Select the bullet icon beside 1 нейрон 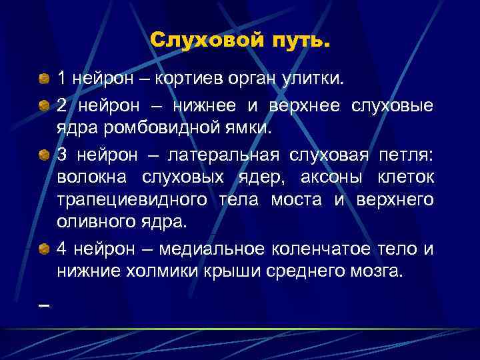click(x=43, y=80)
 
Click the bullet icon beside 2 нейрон click(x=43, y=106)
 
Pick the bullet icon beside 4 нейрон click(x=43, y=249)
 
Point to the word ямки click(x=248, y=129)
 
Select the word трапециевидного click(x=134, y=199)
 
